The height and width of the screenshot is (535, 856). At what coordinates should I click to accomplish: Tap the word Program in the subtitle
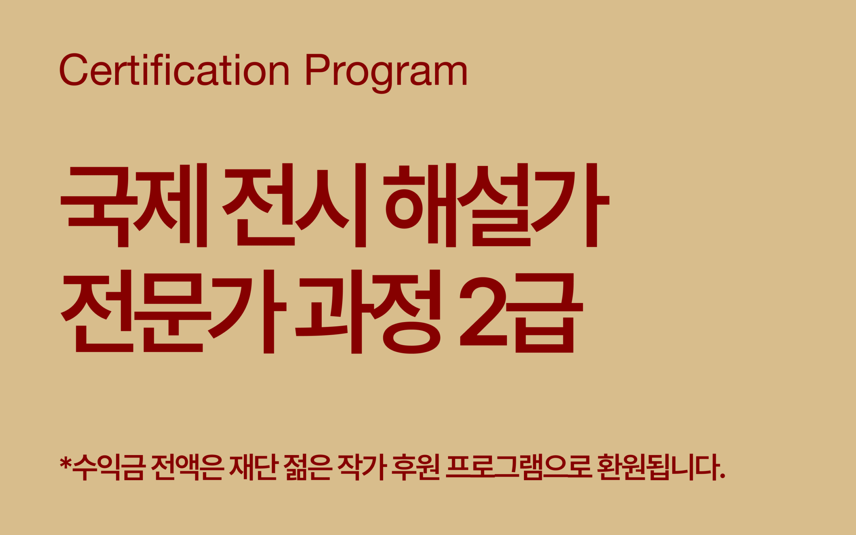point(386,73)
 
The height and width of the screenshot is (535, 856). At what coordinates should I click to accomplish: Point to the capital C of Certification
point(74,70)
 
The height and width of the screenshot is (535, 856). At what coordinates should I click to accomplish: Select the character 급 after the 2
point(544,313)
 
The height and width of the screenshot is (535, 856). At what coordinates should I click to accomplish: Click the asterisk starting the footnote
point(66,462)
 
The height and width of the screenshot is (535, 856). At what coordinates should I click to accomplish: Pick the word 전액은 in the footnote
point(188,467)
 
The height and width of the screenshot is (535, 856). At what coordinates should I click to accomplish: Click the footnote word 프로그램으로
point(519,467)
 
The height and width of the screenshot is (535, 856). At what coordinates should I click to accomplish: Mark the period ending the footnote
point(723,476)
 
